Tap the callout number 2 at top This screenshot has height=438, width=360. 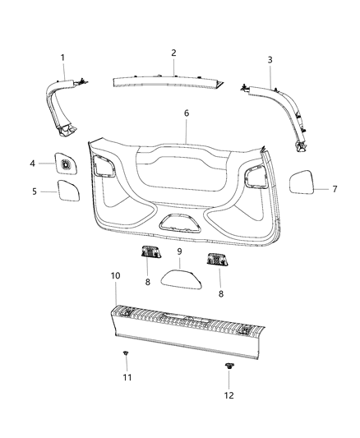tap(173, 53)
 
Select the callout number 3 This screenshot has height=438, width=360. tap(270, 60)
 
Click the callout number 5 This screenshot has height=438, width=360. tap(34, 191)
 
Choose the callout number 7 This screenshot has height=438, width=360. tap(335, 189)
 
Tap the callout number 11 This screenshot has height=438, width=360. tap(126, 377)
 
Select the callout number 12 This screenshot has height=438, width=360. tap(229, 394)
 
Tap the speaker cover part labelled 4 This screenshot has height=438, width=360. tap(64, 164)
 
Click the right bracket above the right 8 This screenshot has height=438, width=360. tap(216, 260)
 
